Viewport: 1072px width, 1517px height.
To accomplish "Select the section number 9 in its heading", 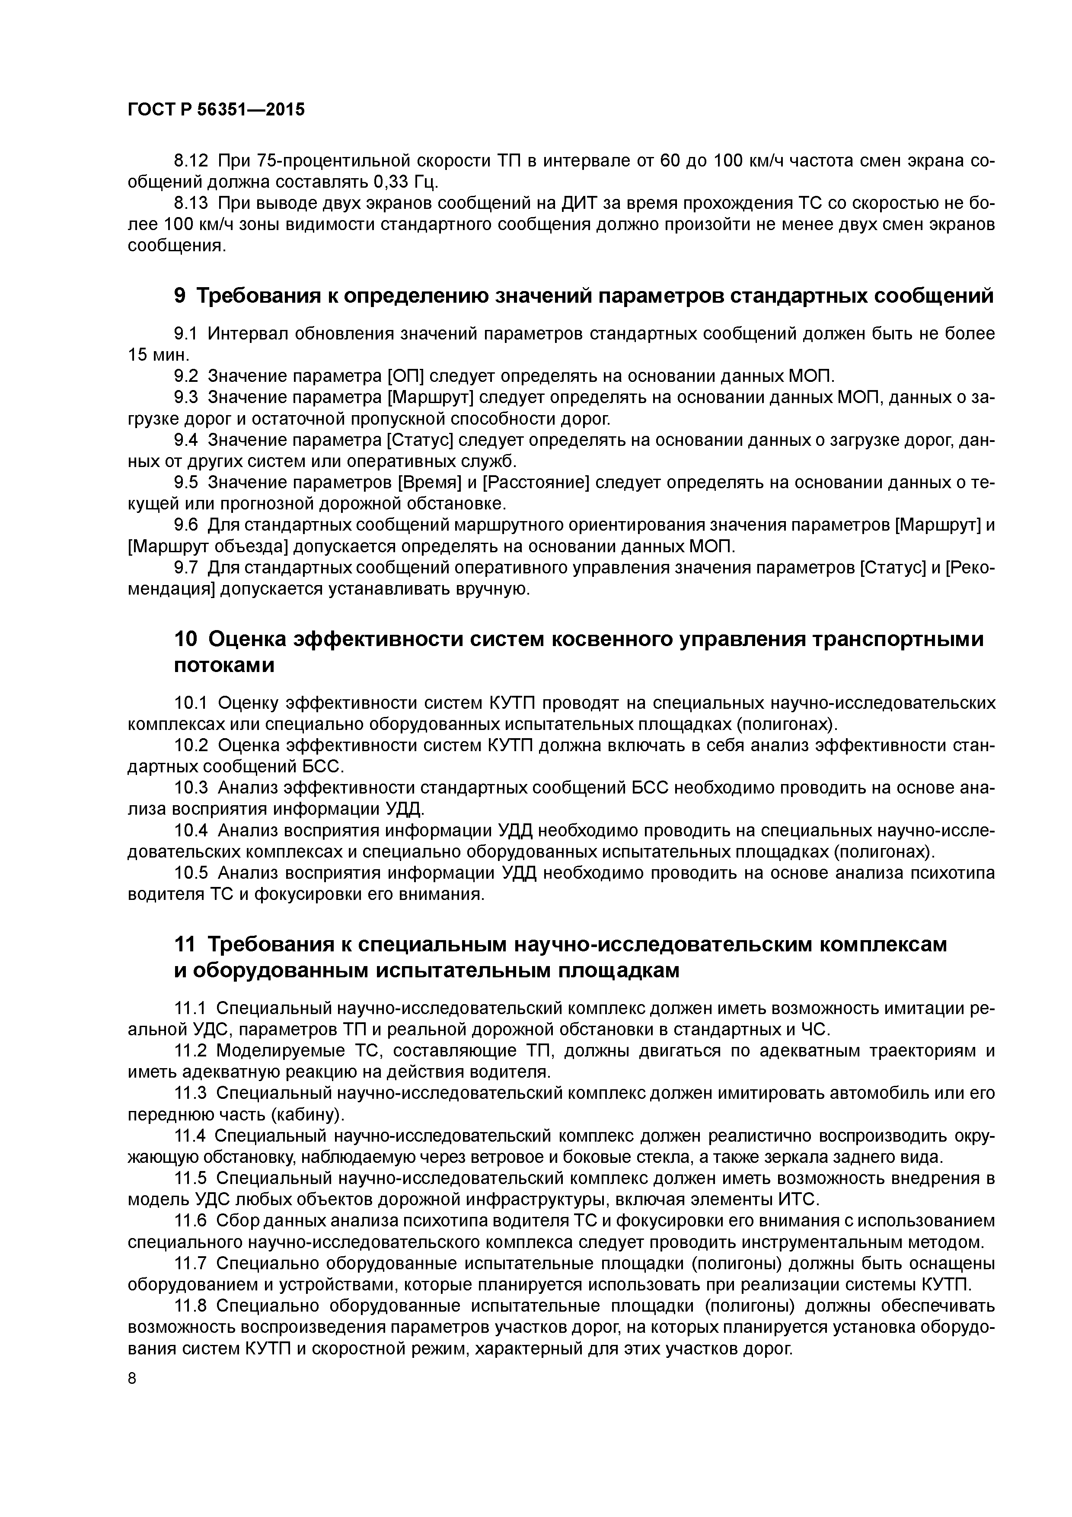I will coord(180,296).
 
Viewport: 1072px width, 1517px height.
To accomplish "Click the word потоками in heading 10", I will coord(224,666).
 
